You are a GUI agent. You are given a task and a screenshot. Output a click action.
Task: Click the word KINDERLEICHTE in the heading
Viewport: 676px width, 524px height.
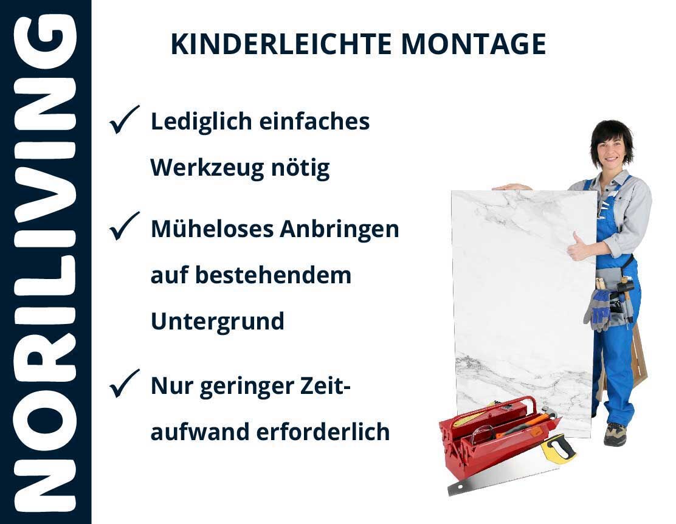point(281,44)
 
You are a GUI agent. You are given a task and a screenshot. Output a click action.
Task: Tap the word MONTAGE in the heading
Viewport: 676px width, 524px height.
point(474,44)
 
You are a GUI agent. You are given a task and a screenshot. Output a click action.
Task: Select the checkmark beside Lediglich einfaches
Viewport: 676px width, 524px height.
point(124,119)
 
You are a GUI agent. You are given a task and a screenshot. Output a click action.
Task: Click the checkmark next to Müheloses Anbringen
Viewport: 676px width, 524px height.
point(124,226)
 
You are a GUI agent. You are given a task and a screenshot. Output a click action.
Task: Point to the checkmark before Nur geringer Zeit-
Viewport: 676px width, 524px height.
point(124,383)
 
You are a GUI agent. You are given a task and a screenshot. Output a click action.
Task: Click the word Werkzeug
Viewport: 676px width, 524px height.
point(207,168)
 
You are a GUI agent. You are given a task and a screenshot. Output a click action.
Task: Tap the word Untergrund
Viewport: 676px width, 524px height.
point(217,322)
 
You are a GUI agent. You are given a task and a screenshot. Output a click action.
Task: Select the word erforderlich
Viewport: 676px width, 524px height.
point(323,432)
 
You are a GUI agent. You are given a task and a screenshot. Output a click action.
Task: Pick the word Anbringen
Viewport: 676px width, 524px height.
point(339,229)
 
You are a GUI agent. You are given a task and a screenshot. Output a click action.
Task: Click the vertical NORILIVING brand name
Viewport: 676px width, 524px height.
point(45,262)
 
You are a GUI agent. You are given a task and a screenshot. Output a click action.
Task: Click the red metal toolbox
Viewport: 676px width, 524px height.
point(496,436)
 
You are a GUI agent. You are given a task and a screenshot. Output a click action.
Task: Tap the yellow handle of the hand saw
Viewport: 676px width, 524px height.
point(558,449)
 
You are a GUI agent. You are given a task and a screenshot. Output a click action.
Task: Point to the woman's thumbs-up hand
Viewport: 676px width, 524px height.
point(579,247)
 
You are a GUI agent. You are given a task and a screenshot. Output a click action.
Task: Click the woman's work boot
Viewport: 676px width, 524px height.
point(615,434)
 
